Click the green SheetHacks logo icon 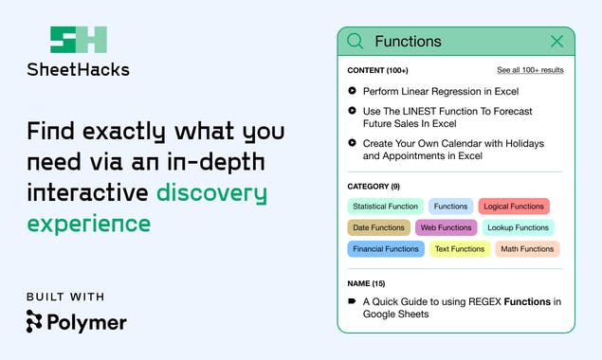pyautogui.click(x=78, y=40)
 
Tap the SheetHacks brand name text pyautogui.click(x=78, y=69)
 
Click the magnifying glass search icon pyautogui.click(x=356, y=41)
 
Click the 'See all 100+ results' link pyautogui.click(x=530, y=70)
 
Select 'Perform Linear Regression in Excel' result pyautogui.click(x=441, y=91)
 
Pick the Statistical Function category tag pyautogui.click(x=385, y=206)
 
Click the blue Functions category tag pyautogui.click(x=451, y=206)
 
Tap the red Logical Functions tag pyautogui.click(x=514, y=206)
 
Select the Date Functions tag pyautogui.click(x=378, y=227)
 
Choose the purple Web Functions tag pyautogui.click(x=446, y=227)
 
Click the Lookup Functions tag pyautogui.click(x=519, y=227)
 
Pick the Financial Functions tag pyautogui.click(x=385, y=249)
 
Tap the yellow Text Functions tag pyautogui.click(x=459, y=249)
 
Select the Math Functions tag pyautogui.click(x=527, y=249)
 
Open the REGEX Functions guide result pyautogui.click(x=462, y=308)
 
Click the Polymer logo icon pyautogui.click(x=35, y=322)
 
